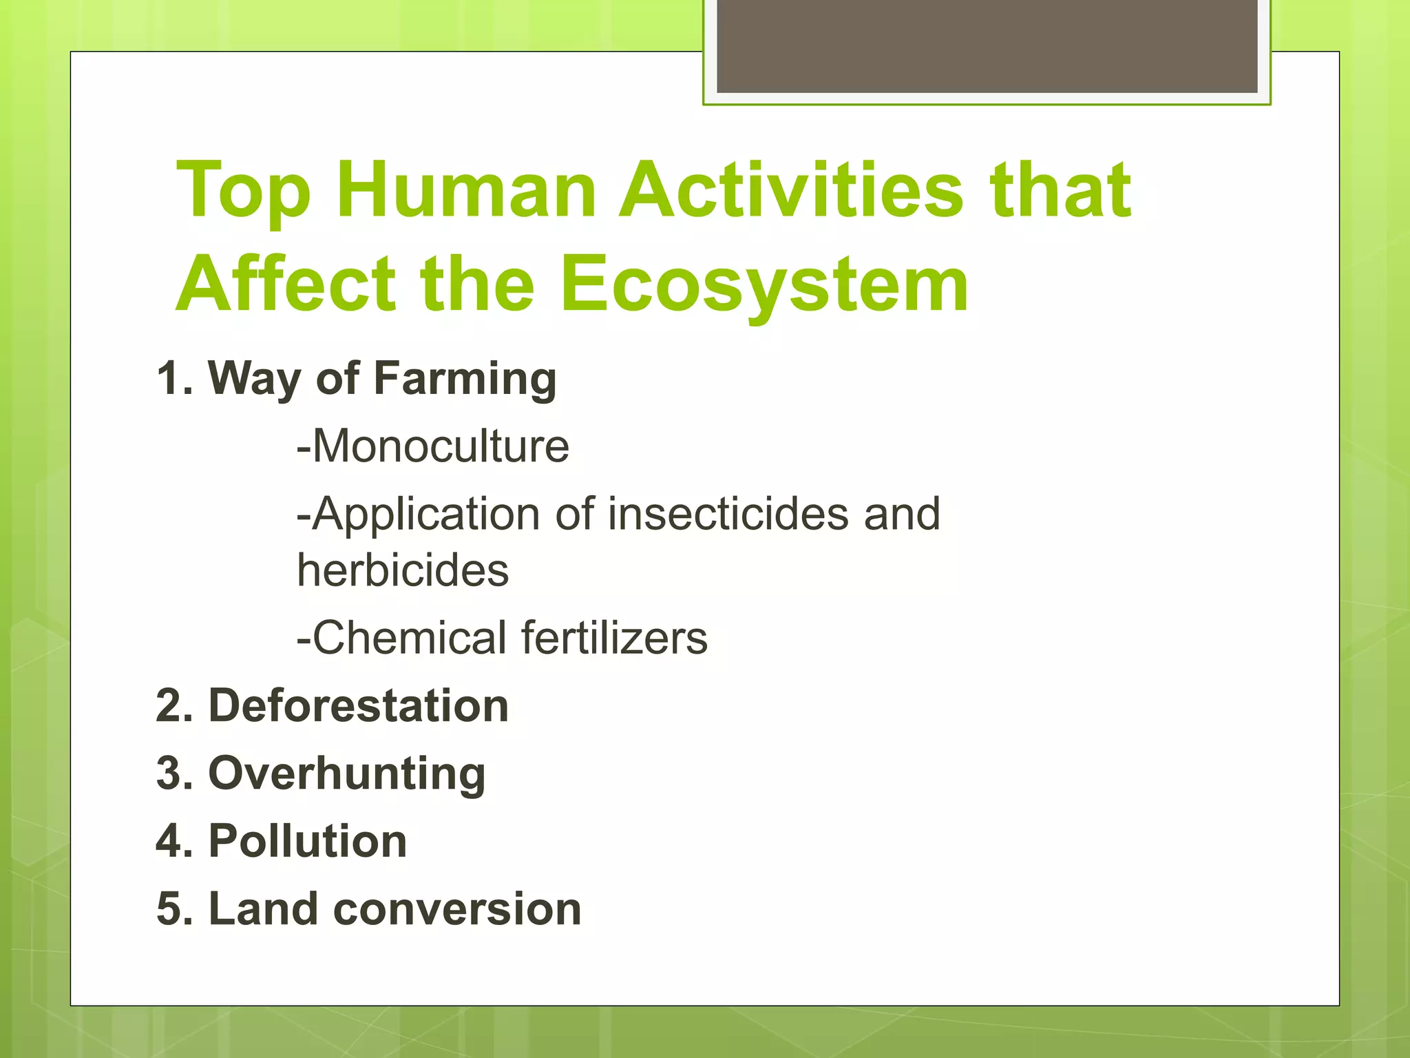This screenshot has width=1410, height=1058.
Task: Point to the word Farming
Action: (465, 380)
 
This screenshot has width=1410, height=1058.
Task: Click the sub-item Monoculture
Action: (434, 446)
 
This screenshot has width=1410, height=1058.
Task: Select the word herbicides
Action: (403, 571)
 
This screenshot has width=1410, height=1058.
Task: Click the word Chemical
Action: (410, 638)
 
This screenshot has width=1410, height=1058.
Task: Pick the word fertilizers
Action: (614, 638)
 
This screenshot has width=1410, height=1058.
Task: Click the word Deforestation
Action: (358, 706)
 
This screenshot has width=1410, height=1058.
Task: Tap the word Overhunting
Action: (347, 774)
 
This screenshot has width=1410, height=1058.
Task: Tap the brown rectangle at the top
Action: (987, 45)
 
